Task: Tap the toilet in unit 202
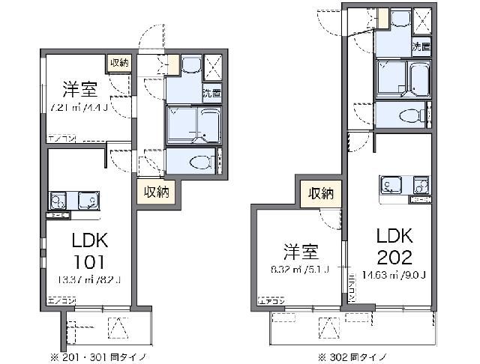pos(409,115)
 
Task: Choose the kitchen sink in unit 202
pos(391,184)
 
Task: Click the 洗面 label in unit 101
pos(211,94)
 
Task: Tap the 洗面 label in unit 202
pos(421,46)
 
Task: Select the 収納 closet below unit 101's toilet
pos(156,192)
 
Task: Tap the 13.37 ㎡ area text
pos(88,281)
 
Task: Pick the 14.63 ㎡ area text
pos(393,273)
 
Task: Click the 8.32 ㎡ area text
pos(298,270)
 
